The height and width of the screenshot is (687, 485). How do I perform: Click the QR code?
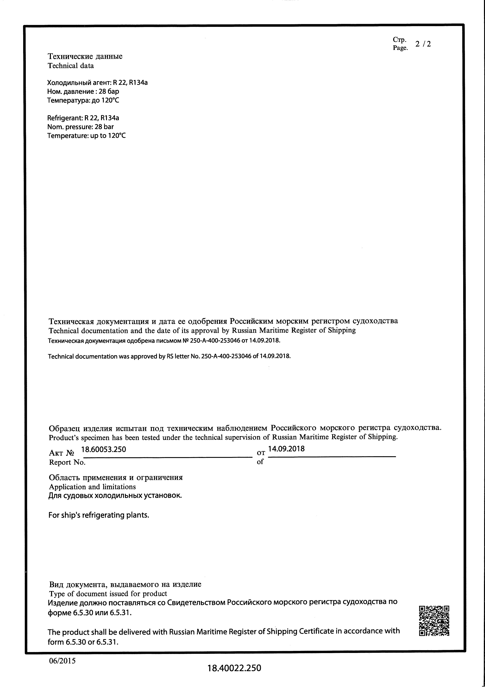(434, 621)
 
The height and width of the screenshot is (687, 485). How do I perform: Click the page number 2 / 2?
(423, 44)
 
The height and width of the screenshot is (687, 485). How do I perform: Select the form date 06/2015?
(62, 661)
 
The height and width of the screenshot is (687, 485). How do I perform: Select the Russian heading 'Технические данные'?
(85, 56)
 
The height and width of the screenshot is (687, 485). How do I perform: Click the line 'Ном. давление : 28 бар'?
(83, 91)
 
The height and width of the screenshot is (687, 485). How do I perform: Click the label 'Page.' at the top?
(400, 48)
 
